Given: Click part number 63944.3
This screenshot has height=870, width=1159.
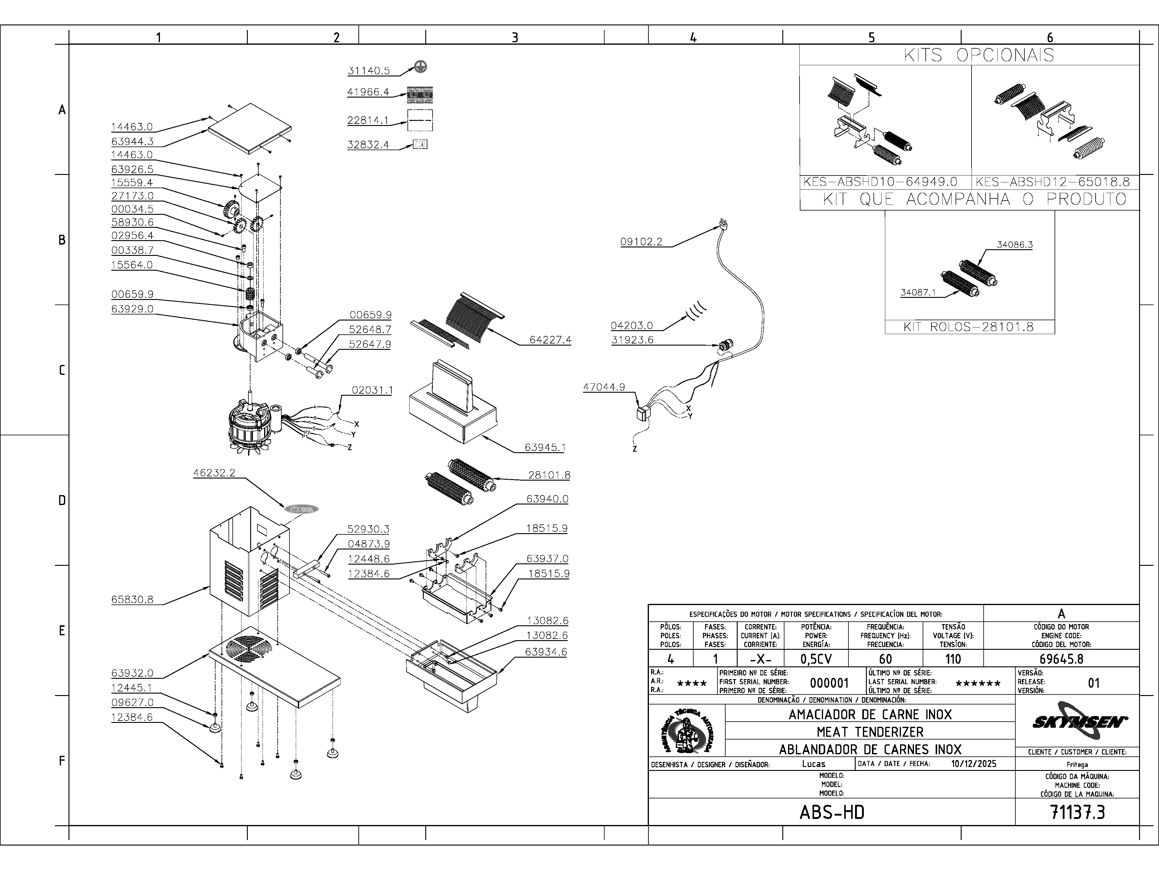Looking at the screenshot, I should [132, 142].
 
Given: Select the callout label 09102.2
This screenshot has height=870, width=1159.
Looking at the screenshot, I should [641, 242].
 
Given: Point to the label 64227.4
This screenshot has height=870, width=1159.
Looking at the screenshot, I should [550, 340].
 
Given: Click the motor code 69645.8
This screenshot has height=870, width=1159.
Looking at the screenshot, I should [1061, 659].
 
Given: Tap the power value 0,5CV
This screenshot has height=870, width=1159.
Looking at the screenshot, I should [816, 659].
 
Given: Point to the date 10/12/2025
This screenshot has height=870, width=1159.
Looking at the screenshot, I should [973, 764].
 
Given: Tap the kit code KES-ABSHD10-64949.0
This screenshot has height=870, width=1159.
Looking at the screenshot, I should [880, 182].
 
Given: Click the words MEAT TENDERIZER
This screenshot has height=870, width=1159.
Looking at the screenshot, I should [870, 732].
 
